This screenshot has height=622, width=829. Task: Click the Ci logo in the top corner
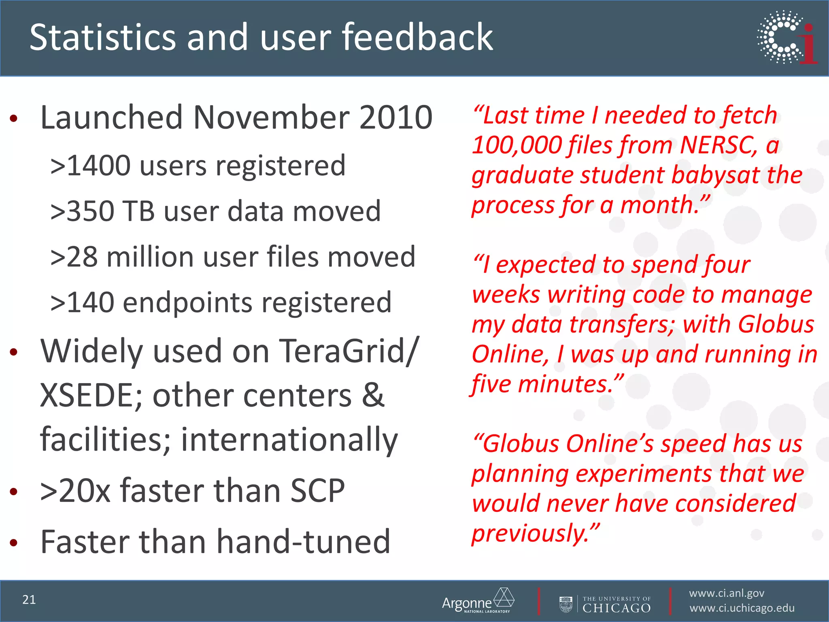[787, 37]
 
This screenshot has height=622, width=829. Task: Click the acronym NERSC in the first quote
[718, 145]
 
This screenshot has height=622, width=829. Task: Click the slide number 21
[29, 600]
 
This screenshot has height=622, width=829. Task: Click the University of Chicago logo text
[616, 605]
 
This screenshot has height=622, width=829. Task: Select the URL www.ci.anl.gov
[727, 593]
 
